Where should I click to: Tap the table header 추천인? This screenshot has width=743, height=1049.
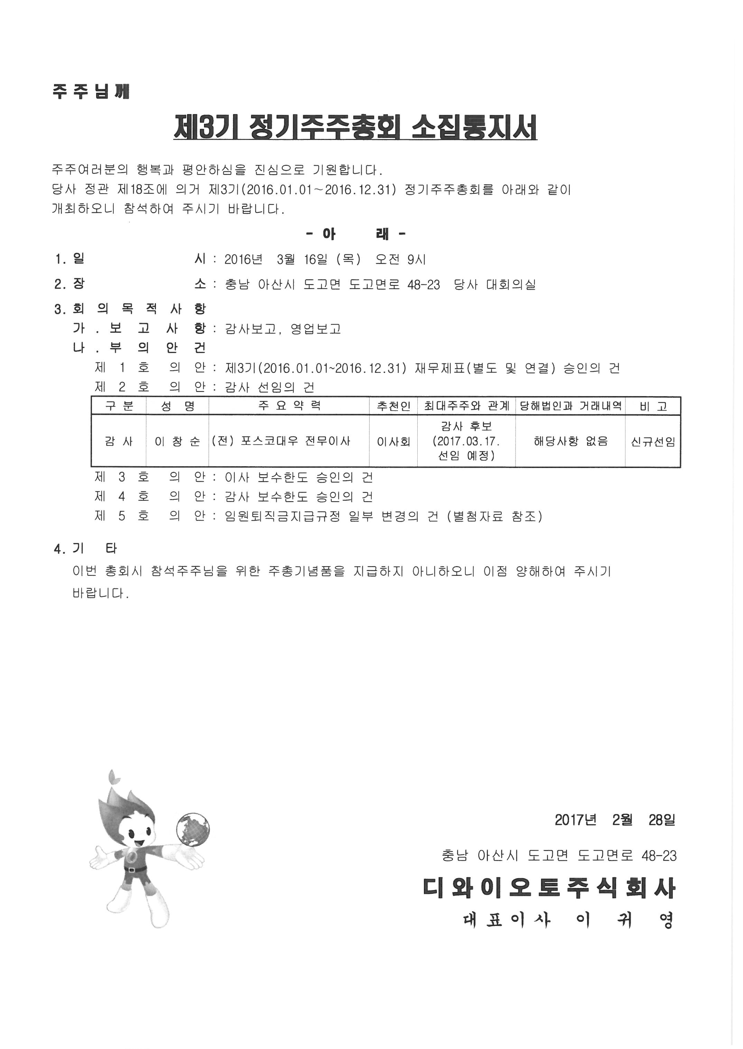coord(393,406)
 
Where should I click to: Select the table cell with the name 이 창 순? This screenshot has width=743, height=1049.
coord(177,442)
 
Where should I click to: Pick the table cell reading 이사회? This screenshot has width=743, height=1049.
coord(393,442)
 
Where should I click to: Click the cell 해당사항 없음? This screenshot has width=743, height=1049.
coord(570,441)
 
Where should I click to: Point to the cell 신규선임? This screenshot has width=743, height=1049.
coord(653,442)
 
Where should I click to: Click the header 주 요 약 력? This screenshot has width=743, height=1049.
coord(289,406)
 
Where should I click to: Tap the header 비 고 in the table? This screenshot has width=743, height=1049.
coord(653,406)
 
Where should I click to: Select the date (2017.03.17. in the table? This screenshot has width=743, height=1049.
coord(466,441)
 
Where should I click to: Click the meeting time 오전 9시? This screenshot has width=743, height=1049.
coord(400,260)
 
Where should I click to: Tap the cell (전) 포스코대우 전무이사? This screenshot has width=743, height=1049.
coord(281,441)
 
